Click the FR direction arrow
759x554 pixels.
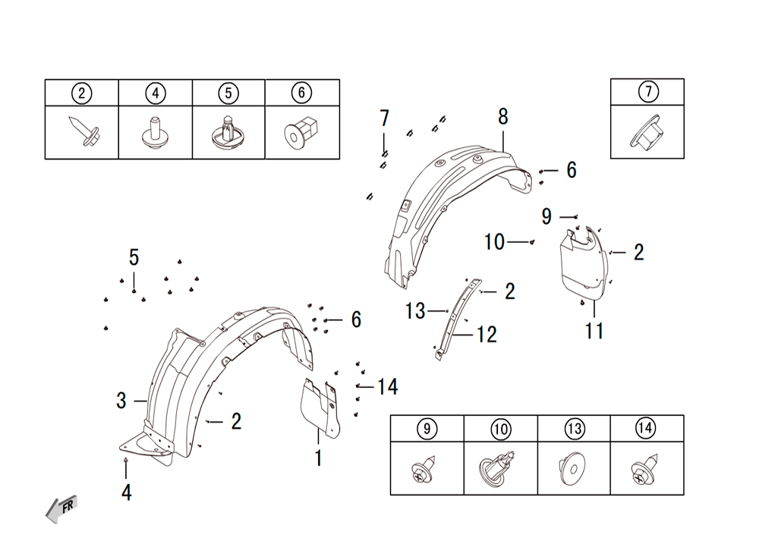coord(61,509)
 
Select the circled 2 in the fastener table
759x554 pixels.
coord(81,93)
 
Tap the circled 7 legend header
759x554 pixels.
coord(648,91)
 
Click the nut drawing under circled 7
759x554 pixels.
coord(645,131)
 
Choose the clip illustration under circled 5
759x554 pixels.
coord(228,133)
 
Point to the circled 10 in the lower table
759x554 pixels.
coord(500,429)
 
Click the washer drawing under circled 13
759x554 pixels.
coord(572,468)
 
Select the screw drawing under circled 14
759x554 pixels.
coord(646,470)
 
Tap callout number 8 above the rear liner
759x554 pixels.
coord(503,117)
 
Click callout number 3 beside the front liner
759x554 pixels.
coord(121,401)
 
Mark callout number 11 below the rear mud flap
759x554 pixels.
coord(594,332)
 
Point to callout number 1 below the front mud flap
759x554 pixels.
coord(318,458)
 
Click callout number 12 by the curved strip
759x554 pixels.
coord(487,335)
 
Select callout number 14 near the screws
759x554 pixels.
coord(388,386)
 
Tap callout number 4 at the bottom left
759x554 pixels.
coord(126,493)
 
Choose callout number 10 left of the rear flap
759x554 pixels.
coord(494,242)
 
